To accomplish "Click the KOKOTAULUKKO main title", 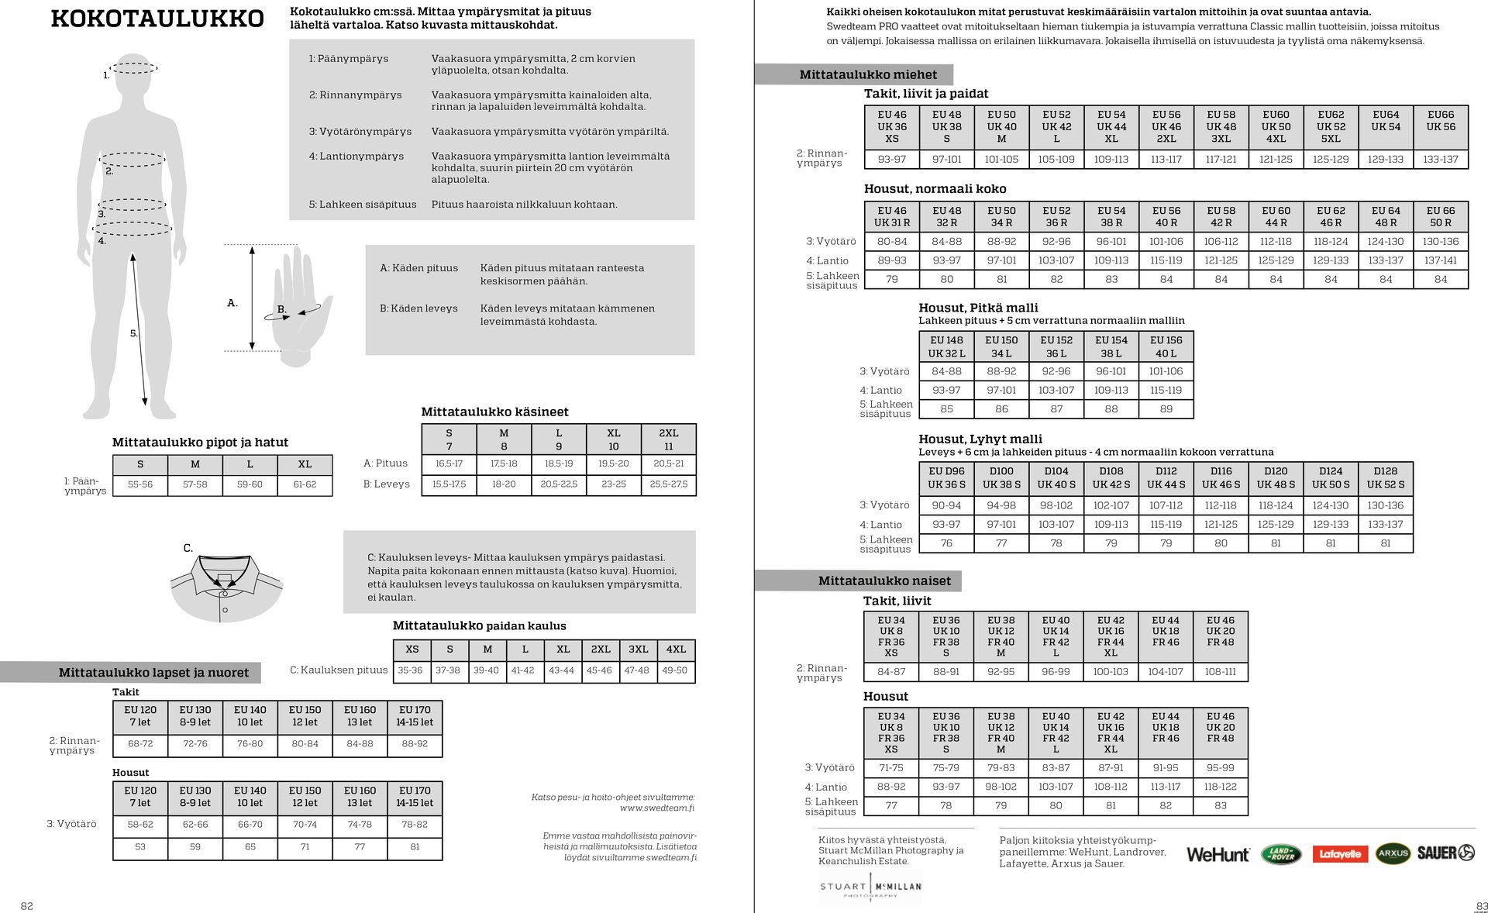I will [157, 19].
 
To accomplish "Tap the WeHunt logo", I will [1218, 854].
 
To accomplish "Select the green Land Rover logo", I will [1281, 854].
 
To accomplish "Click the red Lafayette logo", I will [1340, 854].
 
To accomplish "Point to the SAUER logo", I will [1445, 853].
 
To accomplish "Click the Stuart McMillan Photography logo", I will [870, 887].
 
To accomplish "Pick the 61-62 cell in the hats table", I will [305, 484].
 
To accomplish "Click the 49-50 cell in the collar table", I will [674, 670].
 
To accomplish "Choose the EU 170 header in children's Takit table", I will [415, 715].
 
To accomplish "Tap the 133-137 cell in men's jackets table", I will [1440, 159].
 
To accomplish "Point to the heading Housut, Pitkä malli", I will [978, 308].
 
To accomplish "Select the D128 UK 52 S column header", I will [1385, 477].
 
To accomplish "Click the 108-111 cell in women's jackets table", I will [1220, 671].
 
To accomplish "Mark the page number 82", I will [27, 906].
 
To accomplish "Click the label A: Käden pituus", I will [418, 268].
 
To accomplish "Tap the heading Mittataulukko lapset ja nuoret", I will [153, 673].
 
